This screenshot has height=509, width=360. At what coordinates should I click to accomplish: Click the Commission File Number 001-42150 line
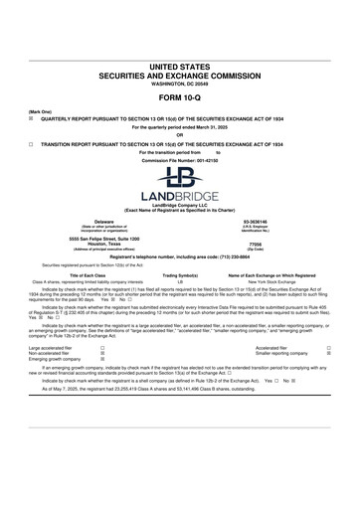(179, 160)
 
